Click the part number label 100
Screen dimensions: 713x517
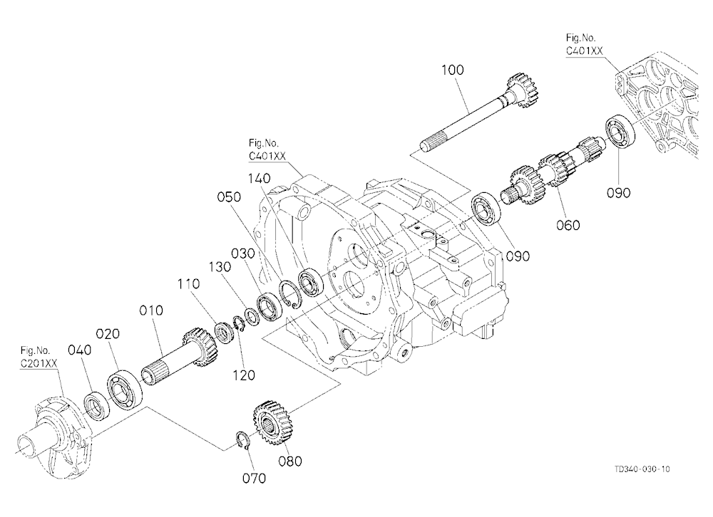[x=453, y=70]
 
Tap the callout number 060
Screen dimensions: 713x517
[x=568, y=225]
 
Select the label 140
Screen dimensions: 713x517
[x=260, y=178]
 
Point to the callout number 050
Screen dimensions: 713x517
[x=229, y=197]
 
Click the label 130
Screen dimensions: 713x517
[x=220, y=266]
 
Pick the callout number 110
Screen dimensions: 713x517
[x=188, y=284]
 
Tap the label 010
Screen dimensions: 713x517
[x=151, y=310]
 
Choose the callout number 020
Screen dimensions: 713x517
[x=108, y=334]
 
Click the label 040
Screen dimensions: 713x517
[x=80, y=350]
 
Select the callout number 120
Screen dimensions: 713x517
[x=244, y=375]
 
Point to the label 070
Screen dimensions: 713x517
[x=255, y=478]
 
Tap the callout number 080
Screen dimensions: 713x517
[x=290, y=461]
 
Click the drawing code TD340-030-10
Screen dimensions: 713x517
[x=642, y=469]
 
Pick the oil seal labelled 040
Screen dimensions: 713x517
[x=97, y=404]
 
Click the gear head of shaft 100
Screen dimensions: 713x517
[x=528, y=92]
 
